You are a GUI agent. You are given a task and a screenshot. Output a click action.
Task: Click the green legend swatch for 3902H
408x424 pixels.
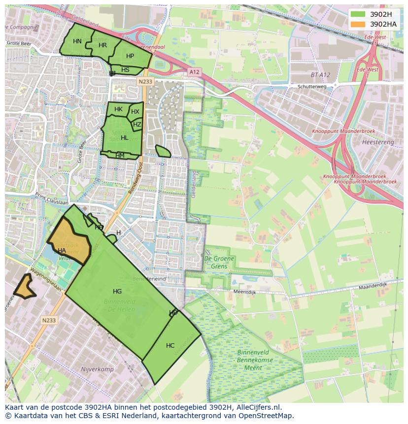point(358,14)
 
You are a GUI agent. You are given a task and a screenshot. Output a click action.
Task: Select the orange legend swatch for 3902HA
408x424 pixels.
point(358,24)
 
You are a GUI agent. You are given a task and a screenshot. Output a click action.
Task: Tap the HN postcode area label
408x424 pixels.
point(77,41)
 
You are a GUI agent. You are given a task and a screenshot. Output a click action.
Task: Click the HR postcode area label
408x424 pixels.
point(102,45)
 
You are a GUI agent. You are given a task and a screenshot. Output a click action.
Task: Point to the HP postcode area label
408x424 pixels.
point(130,56)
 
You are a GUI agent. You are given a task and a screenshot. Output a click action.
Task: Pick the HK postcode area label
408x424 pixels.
point(118,109)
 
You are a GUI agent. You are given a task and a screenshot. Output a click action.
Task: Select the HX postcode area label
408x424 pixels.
point(135,112)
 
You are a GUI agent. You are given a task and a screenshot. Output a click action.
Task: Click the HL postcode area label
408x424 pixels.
point(124,138)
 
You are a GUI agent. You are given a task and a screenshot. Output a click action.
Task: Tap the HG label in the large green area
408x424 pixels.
point(117,292)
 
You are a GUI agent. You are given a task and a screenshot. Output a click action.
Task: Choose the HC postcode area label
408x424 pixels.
point(170,346)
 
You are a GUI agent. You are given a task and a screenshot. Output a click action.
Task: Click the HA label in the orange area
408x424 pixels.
point(62,251)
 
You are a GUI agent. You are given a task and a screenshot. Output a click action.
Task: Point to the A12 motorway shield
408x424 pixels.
point(194,72)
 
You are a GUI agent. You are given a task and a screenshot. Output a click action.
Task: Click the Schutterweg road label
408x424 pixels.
point(312,86)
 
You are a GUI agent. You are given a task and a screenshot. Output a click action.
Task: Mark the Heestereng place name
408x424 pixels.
point(378,142)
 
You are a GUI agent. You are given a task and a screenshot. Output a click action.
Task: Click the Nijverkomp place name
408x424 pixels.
point(97,369)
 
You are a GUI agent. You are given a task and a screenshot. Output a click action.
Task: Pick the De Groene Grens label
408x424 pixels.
point(219,262)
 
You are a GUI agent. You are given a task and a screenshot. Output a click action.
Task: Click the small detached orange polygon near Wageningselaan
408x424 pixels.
point(24,288)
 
